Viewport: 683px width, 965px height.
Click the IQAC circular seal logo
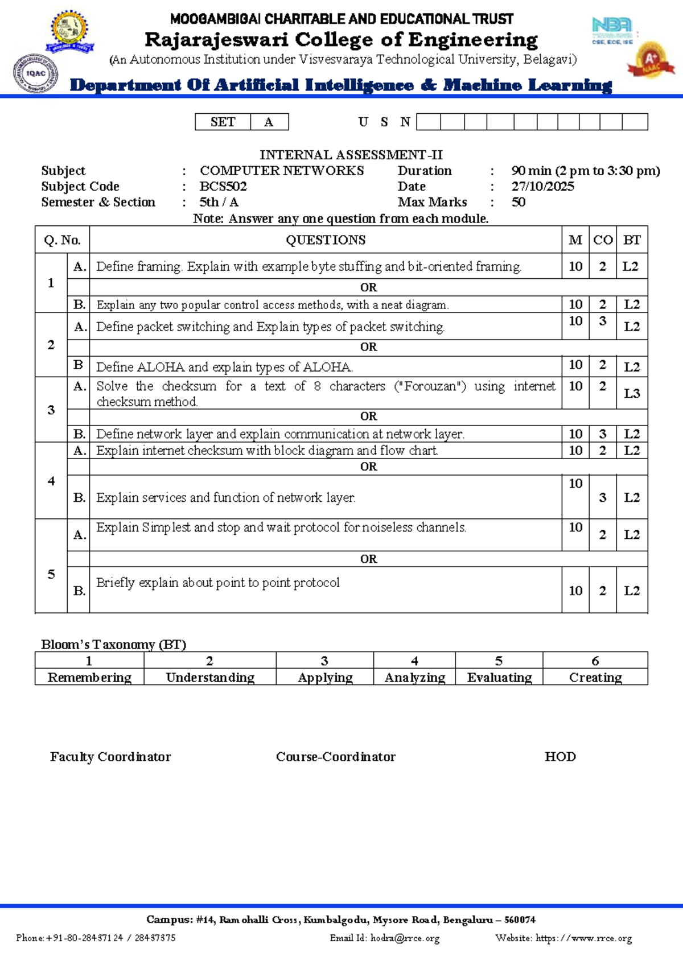pos(35,73)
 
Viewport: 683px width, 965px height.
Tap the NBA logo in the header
pos(612,30)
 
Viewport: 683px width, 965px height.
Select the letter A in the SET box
pos(269,122)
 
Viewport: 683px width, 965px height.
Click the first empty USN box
pos(428,122)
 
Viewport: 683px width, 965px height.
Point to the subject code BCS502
pos(223,187)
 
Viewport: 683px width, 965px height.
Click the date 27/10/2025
pos(542,187)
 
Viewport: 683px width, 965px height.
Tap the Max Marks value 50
pos(518,203)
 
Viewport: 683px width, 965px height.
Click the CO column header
pos(603,240)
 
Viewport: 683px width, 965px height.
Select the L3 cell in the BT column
pos(632,394)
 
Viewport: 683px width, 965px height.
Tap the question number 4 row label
pos(51,481)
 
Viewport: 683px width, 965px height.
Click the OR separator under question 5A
pos(368,559)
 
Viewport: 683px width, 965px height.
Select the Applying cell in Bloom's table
pos(325,678)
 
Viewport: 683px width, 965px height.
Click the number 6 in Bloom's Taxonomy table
pos(595,661)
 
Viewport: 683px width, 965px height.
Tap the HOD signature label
pos(560,757)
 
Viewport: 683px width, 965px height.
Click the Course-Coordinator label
pos(335,757)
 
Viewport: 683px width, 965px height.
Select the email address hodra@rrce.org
pos(405,938)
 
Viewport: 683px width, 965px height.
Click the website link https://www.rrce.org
pos(583,938)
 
